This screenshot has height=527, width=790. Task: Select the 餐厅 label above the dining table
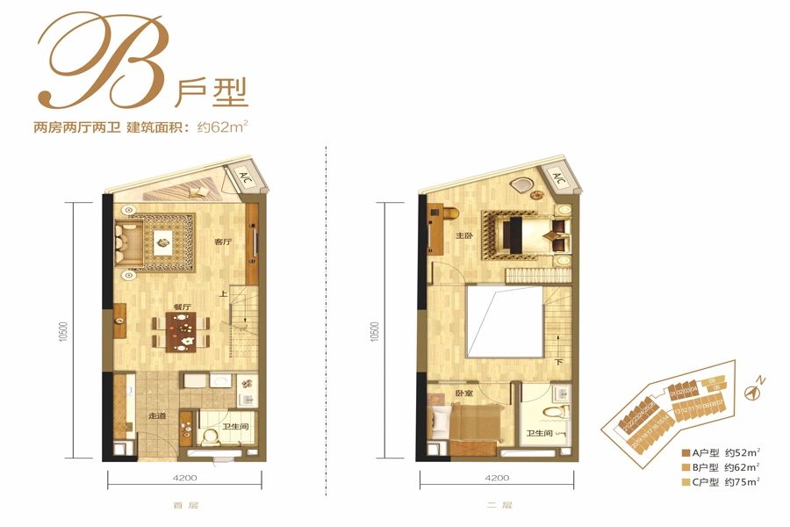(x=183, y=307)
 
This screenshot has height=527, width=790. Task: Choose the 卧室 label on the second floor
(x=464, y=393)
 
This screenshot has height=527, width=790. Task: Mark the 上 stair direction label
(x=224, y=294)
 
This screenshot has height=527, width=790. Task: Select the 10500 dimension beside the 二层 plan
(x=377, y=330)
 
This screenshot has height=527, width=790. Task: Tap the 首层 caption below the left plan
(x=181, y=505)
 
